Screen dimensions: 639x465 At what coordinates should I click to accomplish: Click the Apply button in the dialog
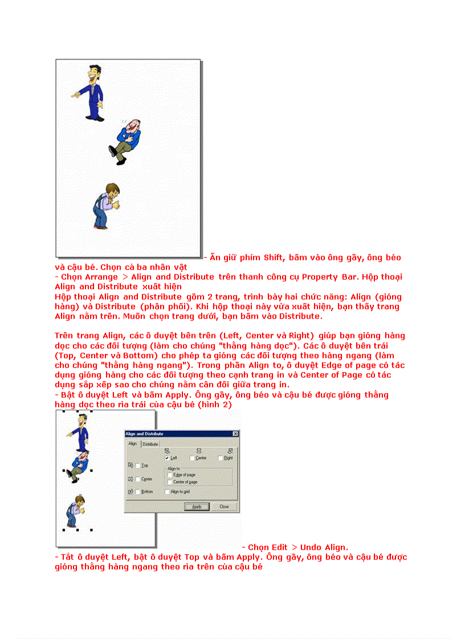coord(196,506)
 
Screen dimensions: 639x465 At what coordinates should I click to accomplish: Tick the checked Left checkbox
coord(166,457)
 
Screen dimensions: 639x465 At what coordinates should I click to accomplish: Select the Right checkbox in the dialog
coord(221,457)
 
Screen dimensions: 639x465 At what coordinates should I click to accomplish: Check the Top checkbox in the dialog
coord(137,465)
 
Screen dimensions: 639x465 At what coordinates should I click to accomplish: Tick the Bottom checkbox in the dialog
coord(137,492)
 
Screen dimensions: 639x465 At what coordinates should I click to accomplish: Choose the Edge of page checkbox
coord(170,475)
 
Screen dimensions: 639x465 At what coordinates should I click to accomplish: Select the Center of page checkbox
coord(170,482)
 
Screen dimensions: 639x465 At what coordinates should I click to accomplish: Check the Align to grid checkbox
coord(167,492)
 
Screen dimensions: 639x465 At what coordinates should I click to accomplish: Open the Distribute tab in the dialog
coord(150,444)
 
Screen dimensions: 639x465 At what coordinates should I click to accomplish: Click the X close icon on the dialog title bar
coord(235,434)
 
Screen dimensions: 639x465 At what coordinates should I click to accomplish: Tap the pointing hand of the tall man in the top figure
coord(75,94)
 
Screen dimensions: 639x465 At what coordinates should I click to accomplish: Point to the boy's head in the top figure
coord(113,191)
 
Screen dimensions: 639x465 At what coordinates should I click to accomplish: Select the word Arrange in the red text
coord(99,277)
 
